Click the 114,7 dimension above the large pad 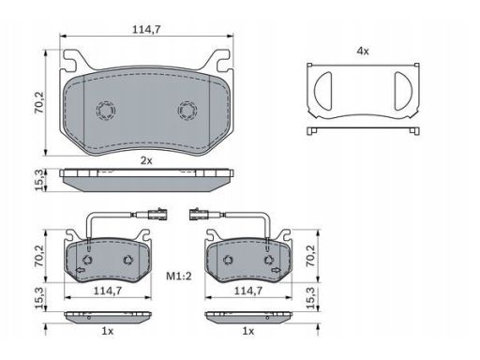pyautogui.click(x=146, y=29)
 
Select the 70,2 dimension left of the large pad pyautogui.click(x=39, y=102)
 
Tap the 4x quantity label pyautogui.click(x=363, y=51)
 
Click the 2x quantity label pyautogui.click(x=146, y=160)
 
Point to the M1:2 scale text pyautogui.click(x=179, y=276)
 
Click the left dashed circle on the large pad pyautogui.click(x=106, y=111)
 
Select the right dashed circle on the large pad pyautogui.click(x=187, y=111)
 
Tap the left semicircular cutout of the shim pyautogui.click(x=322, y=91)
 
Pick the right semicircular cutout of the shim pyautogui.click(x=403, y=91)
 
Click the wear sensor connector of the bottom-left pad pyautogui.click(x=157, y=214)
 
